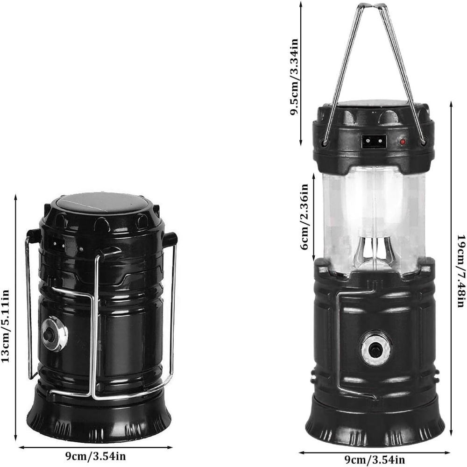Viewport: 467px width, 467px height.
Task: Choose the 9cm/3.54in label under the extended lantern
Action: point(375,460)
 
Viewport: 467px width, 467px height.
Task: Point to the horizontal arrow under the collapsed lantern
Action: point(95,447)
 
